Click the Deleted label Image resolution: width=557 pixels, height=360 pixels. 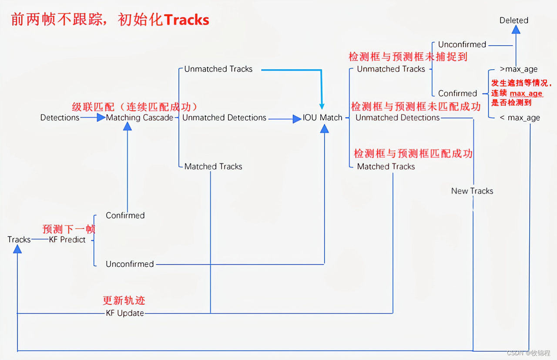513,20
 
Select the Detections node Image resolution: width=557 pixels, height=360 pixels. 60,118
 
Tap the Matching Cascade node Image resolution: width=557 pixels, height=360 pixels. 140,118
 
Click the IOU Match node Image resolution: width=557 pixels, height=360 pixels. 322,118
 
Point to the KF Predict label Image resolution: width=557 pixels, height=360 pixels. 67,239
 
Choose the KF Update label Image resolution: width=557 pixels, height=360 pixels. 125,313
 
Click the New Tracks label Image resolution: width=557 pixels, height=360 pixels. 472,191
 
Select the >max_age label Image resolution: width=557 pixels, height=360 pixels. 518,69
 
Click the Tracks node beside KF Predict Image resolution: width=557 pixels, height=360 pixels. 19,239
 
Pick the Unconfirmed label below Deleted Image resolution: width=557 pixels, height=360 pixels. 462,44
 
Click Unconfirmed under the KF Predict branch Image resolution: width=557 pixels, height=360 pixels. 130,264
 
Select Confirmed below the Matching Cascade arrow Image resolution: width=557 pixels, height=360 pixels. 125,215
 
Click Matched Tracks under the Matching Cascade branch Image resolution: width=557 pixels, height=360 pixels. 213,166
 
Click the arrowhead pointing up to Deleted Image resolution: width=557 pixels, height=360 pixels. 516,30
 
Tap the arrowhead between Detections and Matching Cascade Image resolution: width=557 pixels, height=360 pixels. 101,118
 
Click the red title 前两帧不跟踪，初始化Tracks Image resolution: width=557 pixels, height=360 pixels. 110,20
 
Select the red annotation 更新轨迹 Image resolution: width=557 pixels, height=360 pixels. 124,300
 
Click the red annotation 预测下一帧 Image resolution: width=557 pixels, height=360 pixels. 69,229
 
